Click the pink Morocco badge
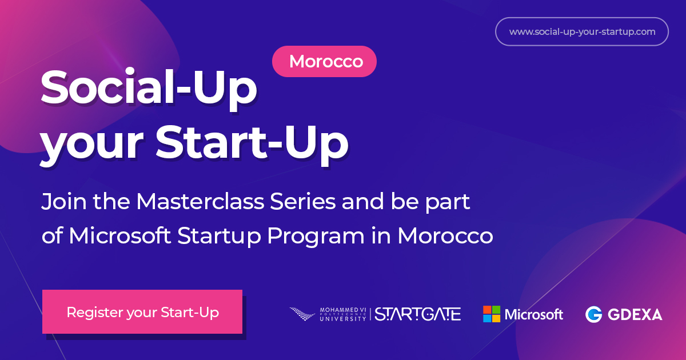324,62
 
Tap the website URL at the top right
582,32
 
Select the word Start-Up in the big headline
252,144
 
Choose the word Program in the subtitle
316,237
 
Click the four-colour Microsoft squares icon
492,314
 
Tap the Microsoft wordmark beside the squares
534,314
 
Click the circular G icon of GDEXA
593,314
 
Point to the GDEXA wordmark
635,315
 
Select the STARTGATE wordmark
418,314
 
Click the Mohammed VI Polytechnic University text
343,314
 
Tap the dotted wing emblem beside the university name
302,314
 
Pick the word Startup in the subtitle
219,237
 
